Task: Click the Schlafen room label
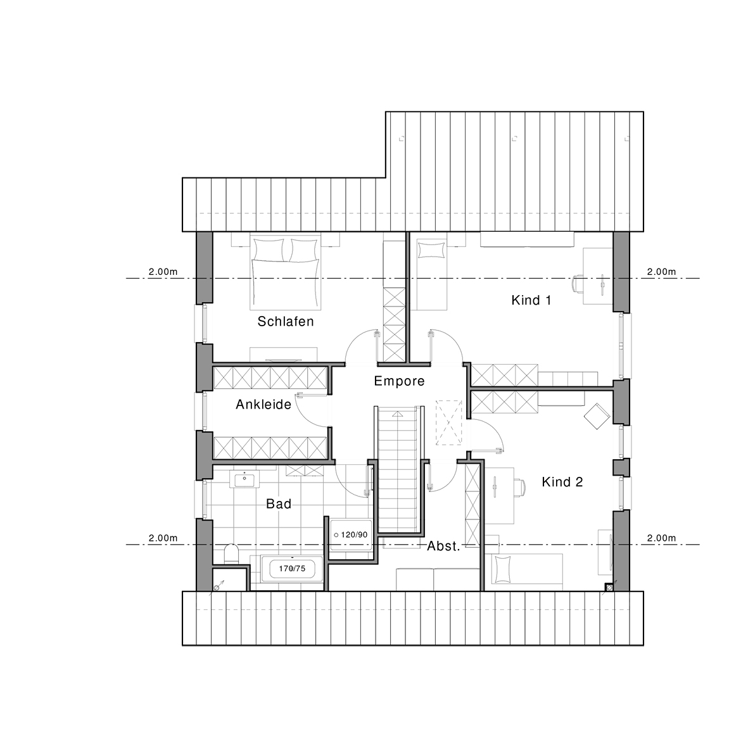[x=286, y=321]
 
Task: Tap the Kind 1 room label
[x=531, y=300]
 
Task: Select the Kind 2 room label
[x=562, y=482]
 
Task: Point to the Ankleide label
[x=263, y=405]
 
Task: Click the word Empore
[x=399, y=381]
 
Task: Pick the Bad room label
[x=279, y=504]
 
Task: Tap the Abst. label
[x=443, y=546]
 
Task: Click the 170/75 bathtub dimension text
[x=292, y=569]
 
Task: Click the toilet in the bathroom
[x=231, y=554]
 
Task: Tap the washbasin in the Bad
[x=244, y=479]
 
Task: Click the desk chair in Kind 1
[x=577, y=283]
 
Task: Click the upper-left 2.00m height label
[x=163, y=272]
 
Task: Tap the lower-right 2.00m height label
[x=662, y=538]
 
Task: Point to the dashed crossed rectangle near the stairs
[x=449, y=422]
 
